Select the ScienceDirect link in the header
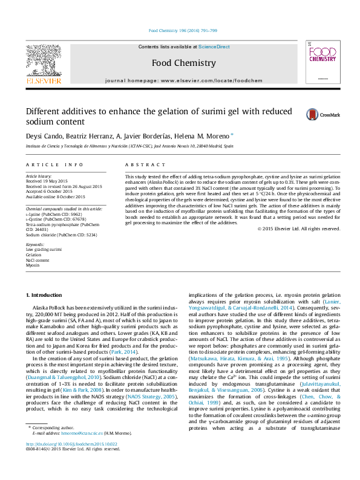(214, 47)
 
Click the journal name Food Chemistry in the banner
(183, 63)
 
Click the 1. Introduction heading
(46, 294)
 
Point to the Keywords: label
(34, 244)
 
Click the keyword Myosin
(32, 265)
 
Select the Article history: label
(39, 175)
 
